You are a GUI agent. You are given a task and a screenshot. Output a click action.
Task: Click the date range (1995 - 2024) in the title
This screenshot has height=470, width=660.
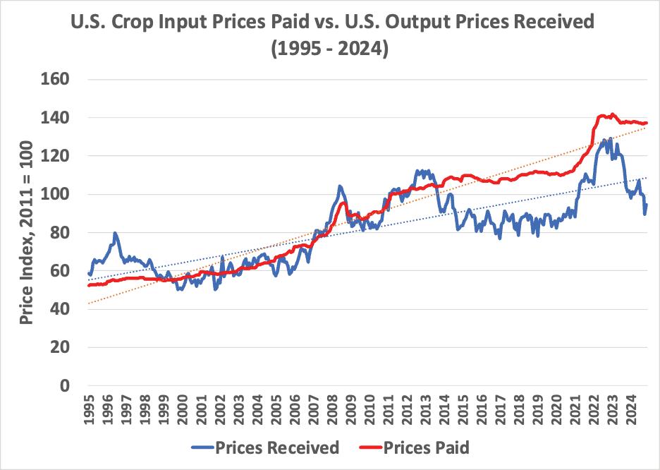329,51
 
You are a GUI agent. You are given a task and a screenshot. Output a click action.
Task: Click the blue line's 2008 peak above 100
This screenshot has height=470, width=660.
340,186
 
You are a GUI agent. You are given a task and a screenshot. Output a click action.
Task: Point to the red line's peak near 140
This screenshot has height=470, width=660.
611,114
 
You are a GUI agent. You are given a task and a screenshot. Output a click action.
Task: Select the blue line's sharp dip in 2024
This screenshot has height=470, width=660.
644,213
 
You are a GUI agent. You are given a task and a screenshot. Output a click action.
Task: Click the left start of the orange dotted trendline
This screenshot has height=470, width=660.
88,303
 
